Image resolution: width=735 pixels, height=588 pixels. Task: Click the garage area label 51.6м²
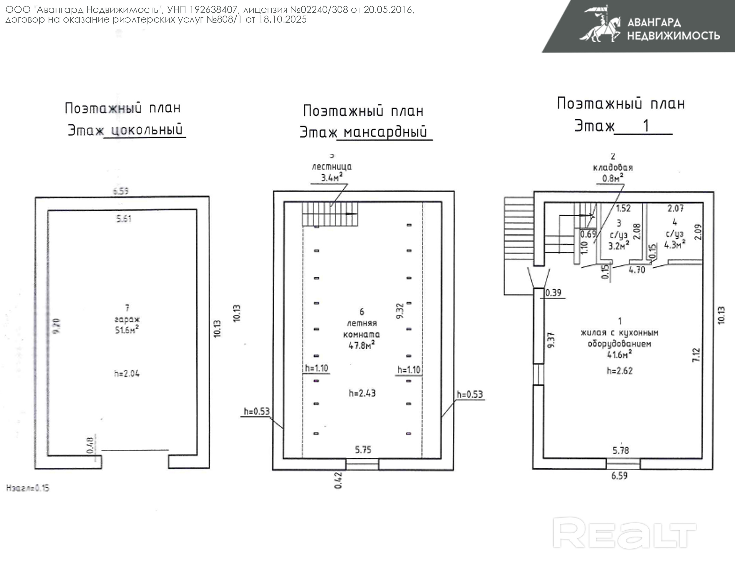click(x=127, y=330)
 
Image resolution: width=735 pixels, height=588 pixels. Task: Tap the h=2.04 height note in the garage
click(x=127, y=374)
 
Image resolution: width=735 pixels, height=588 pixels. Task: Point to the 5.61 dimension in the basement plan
click(x=123, y=218)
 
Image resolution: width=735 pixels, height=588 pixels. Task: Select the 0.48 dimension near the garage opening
click(x=90, y=445)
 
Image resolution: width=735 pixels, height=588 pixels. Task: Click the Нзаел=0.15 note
click(x=28, y=488)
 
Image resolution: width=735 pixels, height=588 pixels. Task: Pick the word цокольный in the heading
click(x=147, y=130)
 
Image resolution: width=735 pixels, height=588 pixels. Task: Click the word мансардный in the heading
click(x=385, y=132)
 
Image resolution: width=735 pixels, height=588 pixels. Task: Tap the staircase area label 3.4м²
click(x=331, y=177)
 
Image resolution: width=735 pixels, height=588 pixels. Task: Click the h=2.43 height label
click(x=362, y=393)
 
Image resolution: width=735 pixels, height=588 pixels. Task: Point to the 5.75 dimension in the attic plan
click(x=363, y=450)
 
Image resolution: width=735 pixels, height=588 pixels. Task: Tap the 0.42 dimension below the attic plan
click(x=338, y=480)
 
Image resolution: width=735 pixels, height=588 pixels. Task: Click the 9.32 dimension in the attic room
click(x=400, y=310)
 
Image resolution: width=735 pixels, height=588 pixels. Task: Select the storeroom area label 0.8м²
click(x=613, y=178)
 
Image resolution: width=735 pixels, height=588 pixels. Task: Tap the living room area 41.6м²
click(x=619, y=355)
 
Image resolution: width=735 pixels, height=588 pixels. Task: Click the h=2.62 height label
click(x=619, y=370)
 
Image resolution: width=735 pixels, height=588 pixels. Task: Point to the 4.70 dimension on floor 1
click(x=637, y=270)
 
